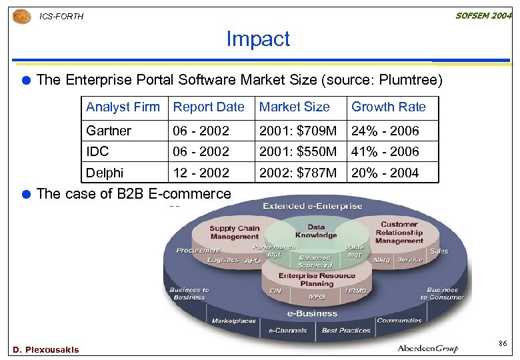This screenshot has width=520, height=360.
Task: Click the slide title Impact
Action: (258, 39)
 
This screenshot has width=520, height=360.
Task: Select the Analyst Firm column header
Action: (123, 107)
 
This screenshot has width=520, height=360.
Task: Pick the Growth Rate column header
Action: (388, 107)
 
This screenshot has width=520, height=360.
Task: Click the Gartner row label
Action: (109, 131)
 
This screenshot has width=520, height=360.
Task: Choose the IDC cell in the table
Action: (97, 151)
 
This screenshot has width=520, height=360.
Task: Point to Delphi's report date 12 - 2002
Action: (201, 173)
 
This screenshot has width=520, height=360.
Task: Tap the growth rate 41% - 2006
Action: (385, 151)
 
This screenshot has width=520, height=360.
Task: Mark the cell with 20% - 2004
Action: (385, 173)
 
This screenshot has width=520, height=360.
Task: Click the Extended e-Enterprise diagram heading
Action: (313, 206)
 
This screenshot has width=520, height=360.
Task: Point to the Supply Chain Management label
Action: (234, 233)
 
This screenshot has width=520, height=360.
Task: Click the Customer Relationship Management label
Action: (399, 232)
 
